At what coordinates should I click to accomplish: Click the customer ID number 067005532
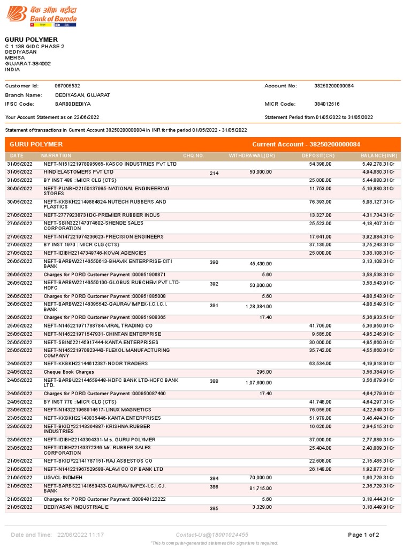[67, 86]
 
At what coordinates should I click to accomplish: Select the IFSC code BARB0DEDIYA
[73, 103]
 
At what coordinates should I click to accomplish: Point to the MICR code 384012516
[327, 103]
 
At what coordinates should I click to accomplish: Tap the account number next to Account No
[334, 86]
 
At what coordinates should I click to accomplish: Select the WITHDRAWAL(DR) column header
[252, 155]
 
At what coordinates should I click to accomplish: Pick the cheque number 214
[214, 174]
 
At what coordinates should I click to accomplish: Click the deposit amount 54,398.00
[321, 164]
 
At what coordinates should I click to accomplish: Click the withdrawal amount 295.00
[264, 372]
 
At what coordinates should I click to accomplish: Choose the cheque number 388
[214, 382]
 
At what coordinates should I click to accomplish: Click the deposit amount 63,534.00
[321, 363]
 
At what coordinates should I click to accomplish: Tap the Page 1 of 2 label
[363, 535]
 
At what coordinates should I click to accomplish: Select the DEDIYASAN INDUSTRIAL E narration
[76, 507]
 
